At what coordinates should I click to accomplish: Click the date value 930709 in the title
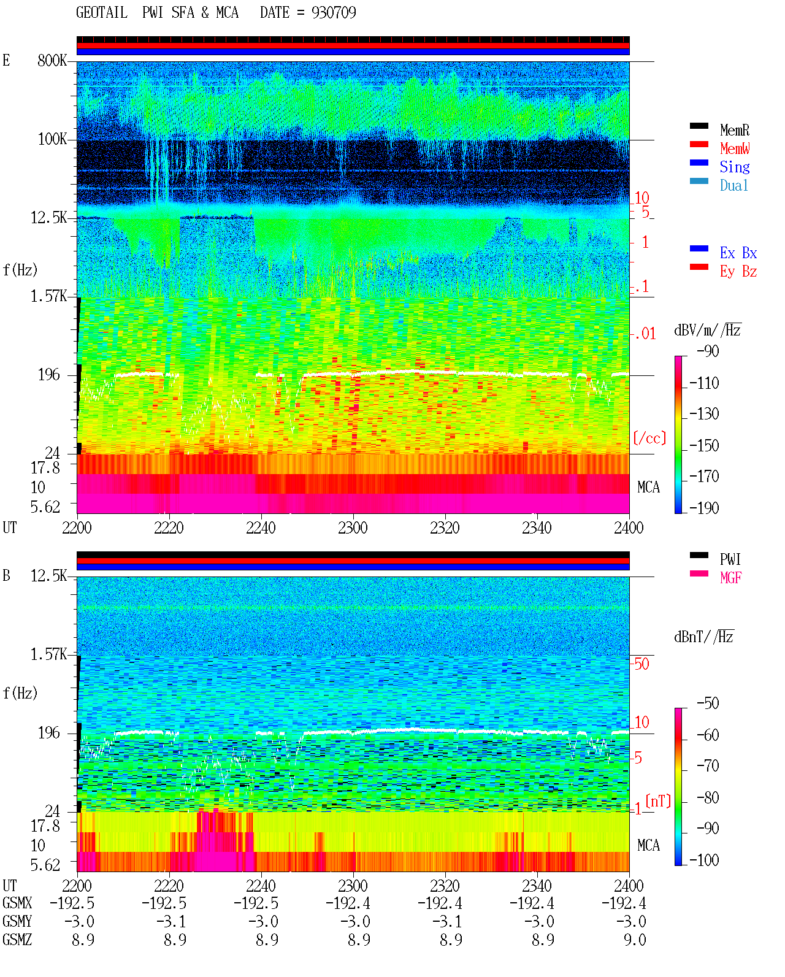coord(334,13)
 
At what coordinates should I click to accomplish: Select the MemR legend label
coord(735,130)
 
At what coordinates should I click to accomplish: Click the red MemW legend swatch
coord(699,144)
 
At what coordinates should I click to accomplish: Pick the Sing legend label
coord(735,167)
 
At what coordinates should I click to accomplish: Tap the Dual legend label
coord(734,185)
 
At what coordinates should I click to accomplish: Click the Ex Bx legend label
coord(738,253)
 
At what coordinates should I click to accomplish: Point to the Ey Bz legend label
coord(738,271)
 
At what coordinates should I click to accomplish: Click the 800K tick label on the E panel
coord(52,60)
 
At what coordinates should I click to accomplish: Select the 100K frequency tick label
coord(52,139)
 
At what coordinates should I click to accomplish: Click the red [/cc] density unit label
coord(649,438)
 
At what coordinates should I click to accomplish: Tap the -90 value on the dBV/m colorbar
coord(708,351)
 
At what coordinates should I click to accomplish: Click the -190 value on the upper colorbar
coord(704,508)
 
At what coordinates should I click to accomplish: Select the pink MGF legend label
coord(731,578)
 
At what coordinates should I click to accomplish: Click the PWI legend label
coord(730,559)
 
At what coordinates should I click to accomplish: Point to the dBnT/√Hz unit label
coord(704,637)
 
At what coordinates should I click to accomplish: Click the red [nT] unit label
coord(658,801)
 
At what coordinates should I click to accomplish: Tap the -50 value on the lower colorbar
coord(708,703)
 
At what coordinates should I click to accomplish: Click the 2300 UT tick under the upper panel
coord(353,528)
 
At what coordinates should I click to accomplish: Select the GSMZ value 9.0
coord(635,940)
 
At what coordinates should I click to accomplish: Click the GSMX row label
coord(17,903)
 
